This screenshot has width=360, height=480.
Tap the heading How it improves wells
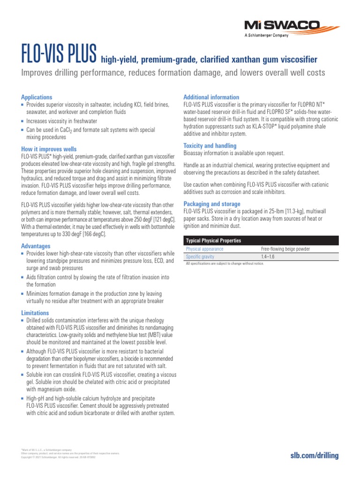(49, 149)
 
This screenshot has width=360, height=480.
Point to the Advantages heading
(36, 246)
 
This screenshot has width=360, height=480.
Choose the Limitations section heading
(35, 313)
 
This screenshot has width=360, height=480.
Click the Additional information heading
(211, 97)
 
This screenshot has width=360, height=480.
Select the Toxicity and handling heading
(210, 146)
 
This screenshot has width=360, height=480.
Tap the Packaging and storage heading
(211, 204)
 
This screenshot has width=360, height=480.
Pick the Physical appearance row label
(204, 249)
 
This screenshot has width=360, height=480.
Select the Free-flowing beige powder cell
(285, 249)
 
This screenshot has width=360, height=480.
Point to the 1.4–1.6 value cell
(268, 257)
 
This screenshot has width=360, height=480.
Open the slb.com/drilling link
(315, 456)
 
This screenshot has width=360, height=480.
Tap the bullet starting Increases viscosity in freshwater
(65, 121)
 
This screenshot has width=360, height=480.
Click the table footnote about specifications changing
(225, 264)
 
